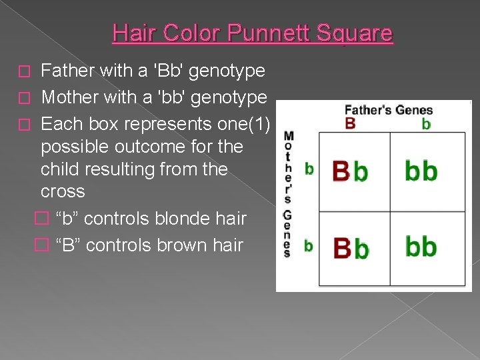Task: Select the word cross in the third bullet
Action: [63, 191]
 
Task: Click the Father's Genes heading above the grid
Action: [388, 110]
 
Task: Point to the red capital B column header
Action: [350, 123]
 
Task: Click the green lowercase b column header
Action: [426, 124]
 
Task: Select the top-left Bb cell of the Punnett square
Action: [350, 171]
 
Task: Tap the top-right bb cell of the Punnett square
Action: [421, 171]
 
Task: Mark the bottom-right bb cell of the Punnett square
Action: [421, 247]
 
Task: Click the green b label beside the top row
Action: [309, 169]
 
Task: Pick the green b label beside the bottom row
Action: [308, 246]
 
